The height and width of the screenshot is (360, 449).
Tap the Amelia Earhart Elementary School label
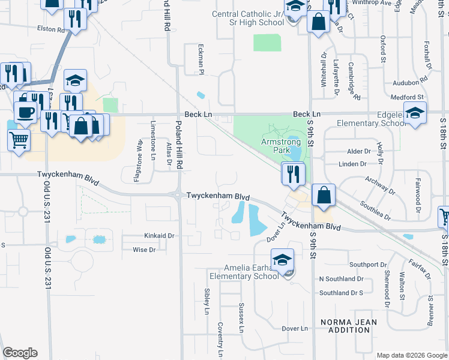click(244, 271)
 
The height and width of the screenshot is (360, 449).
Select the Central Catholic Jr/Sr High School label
click(248, 18)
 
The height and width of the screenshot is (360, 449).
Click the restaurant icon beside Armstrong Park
click(294, 173)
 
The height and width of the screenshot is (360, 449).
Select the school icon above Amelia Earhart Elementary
click(282, 259)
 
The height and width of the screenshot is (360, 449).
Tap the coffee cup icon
click(25, 112)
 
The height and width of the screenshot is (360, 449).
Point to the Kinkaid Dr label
click(158, 236)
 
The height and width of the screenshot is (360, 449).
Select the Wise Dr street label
click(144, 250)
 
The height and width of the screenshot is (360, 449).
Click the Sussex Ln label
click(242, 318)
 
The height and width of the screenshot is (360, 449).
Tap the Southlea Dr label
click(391, 209)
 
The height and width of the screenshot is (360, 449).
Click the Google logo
click(20, 353)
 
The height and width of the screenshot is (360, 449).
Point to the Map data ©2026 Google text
click(411, 355)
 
